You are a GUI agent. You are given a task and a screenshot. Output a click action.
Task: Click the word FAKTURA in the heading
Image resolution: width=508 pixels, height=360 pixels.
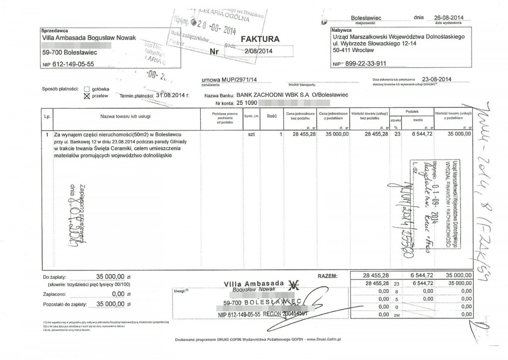260,39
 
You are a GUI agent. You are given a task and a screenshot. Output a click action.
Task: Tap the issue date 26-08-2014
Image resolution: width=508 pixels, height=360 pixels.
449,17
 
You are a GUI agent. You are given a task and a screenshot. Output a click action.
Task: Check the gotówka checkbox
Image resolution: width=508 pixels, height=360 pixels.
87,89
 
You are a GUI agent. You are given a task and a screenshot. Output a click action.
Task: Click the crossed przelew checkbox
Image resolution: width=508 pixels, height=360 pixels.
87,96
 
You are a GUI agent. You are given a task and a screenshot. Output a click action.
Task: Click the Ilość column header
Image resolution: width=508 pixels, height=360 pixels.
272,116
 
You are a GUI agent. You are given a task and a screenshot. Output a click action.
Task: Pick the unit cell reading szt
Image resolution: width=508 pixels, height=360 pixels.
251,134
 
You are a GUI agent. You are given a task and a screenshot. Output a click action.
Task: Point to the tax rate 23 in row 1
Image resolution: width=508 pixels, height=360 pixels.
397,134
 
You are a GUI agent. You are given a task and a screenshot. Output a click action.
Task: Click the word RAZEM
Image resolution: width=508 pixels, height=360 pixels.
328,276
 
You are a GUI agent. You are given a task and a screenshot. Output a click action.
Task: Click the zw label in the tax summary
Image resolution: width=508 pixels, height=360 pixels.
397,315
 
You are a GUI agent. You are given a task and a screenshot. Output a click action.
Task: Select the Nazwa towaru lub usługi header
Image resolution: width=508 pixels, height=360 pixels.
125,116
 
